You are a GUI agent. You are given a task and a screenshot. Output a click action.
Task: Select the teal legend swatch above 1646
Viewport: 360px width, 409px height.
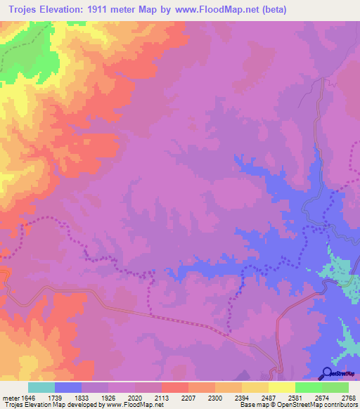41,387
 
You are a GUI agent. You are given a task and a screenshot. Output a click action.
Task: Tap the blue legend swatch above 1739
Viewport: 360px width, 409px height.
68,387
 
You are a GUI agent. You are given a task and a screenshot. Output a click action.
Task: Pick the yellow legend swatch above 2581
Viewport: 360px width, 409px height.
281,387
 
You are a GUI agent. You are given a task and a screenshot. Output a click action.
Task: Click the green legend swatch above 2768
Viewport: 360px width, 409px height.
335,387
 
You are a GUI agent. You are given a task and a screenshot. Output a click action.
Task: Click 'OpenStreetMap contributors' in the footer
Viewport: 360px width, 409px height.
325,405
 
